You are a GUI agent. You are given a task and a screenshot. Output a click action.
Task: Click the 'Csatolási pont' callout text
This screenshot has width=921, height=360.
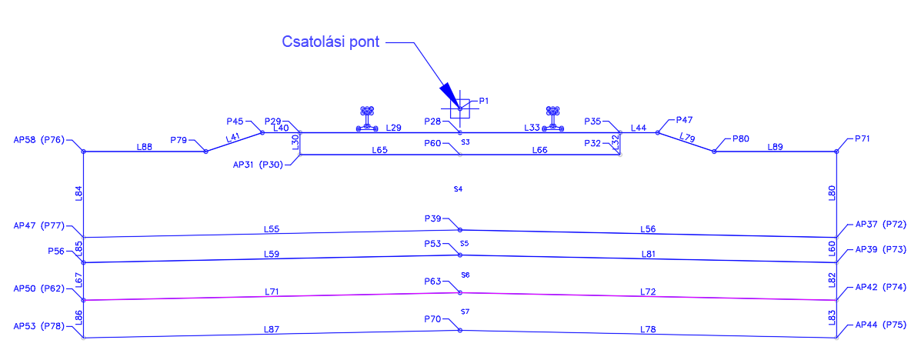(x=331, y=42)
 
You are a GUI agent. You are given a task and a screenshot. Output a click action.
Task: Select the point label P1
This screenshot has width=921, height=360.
(x=484, y=101)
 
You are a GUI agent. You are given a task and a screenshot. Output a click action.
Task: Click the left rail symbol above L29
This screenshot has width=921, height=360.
(x=367, y=118)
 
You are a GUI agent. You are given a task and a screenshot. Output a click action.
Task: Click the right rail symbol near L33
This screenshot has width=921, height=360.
(x=552, y=118)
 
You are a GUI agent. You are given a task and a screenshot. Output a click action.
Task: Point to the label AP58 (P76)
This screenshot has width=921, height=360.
(x=39, y=140)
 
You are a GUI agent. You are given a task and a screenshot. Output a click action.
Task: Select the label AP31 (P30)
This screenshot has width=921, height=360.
(x=257, y=164)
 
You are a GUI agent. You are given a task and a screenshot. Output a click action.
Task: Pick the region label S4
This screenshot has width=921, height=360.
(x=458, y=188)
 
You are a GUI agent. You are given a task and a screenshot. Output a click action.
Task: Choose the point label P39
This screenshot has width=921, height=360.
(x=432, y=218)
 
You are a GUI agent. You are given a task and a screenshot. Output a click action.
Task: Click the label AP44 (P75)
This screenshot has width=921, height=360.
(x=881, y=325)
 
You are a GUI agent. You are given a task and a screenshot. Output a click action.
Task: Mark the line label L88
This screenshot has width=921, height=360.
(x=144, y=145)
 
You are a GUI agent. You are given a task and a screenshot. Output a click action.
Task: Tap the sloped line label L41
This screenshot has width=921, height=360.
(x=232, y=138)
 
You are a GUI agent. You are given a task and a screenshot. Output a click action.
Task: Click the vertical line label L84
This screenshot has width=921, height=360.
(x=78, y=193)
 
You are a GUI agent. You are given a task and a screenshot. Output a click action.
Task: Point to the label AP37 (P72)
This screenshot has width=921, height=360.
(x=881, y=225)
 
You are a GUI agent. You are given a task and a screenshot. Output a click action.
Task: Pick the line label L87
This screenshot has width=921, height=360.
(x=271, y=329)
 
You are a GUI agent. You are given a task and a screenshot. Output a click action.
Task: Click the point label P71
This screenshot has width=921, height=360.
(x=863, y=139)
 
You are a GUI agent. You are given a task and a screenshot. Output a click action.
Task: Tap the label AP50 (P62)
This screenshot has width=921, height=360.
(x=39, y=288)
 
